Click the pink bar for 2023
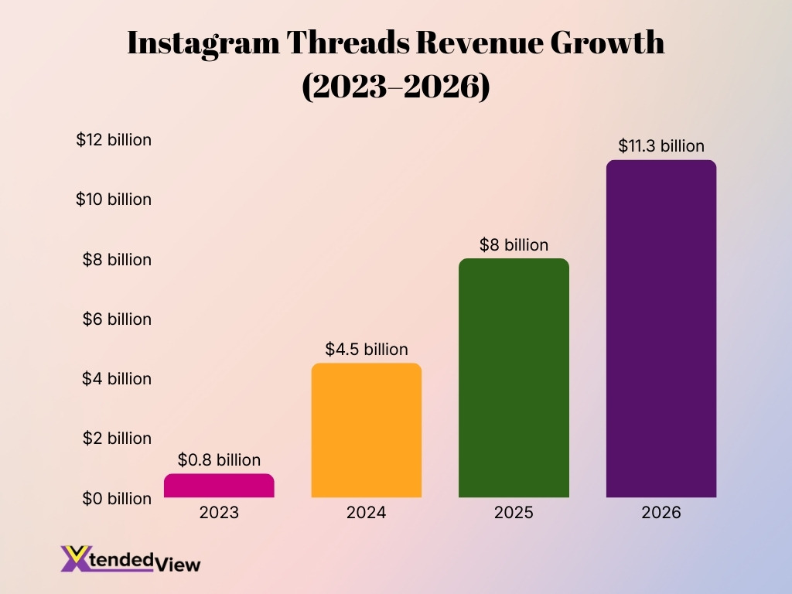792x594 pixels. click(x=219, y=486)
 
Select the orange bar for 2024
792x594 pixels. click(x=366, y=431)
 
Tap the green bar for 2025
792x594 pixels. click(x=514, y=378)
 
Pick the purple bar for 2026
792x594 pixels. click(x=661, y=329)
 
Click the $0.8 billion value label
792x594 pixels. click(x=219, y=460)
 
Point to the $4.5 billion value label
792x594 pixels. click(x=366, y=350)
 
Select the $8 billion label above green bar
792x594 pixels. click(x=514, y=245)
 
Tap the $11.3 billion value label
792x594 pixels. click(x=661, y=145)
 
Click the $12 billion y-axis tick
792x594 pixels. click(x=114, y=140)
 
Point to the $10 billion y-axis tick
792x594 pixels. click(x=114, y=200)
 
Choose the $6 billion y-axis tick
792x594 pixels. click(x=117, y=319)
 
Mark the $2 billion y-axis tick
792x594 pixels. click(x=117, y=439)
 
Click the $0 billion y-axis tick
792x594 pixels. click(x=117, y=498)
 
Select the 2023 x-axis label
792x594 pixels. click(x=219, y=513)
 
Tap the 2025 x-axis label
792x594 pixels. click(x=514, y=513)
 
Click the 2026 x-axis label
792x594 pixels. click(x=661, y=513)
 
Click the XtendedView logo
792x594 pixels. click(x=131, y=559)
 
